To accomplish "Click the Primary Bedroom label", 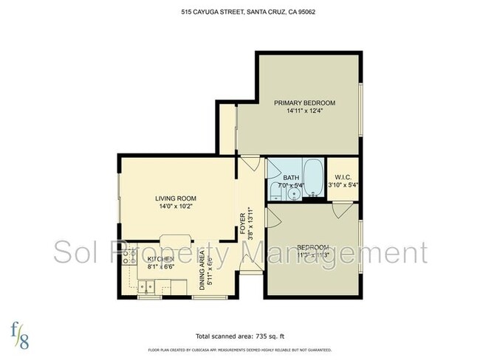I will click(304, 103).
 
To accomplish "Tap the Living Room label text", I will click(175, 198).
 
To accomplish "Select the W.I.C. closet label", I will click(343, 177).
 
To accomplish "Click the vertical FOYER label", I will click(243, 224).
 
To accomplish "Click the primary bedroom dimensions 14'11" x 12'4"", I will click(304, 111).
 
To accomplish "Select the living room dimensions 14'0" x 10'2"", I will click(175, 207).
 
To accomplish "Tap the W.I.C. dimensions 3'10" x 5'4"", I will click(343, 186).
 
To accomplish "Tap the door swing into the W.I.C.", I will click(341, 210).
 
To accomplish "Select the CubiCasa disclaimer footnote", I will click(240, 350).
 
